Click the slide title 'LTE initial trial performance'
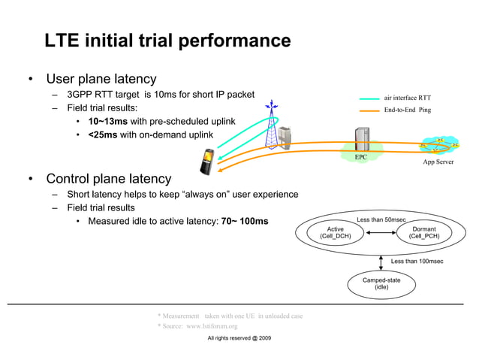click(167, 41)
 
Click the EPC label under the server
click(361, 157)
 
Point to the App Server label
click(438, 162)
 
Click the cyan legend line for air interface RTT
click(369, 98)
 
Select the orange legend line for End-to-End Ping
click(369, 110)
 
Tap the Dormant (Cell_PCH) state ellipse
click(424, 232)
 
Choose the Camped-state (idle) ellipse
click(381, 283)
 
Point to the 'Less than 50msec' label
click(381, 219)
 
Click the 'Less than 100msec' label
click(417, 261)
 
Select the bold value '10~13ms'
click(107, 121)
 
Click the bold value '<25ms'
click(103, 135)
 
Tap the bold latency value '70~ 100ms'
click(244, 222)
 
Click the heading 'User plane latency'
click(101, 79)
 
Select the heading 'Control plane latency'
click(108, 179)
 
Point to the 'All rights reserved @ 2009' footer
click(239, 339)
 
